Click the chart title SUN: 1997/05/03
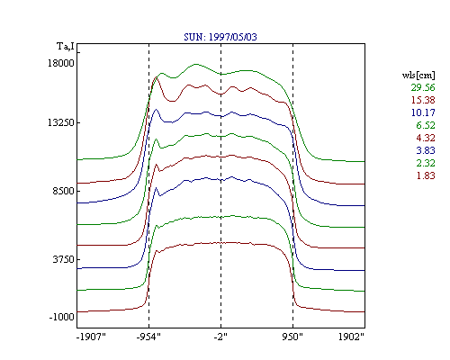click(220, 37)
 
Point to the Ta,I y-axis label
click(66, 46)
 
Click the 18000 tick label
click(61, 63)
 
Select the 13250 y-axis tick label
click(61, 122)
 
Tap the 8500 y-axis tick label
click(63, 191)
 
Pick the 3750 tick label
click(63, 259)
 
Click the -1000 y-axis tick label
click(61, 317)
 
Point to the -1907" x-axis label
click(92, 337)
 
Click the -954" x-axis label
click(148, 337)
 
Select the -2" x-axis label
click(220, 337)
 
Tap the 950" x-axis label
click(292, 337)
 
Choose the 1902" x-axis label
click(351, 337)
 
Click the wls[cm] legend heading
click(418, 75)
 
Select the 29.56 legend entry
click(423, 87)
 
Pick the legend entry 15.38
click(423, 100)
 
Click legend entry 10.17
click(423, 112)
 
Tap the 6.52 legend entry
click(426, 125)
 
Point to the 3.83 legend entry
click(426, 150)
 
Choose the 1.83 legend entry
click(426, 175)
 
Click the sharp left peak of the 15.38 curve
click(156, 77)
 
